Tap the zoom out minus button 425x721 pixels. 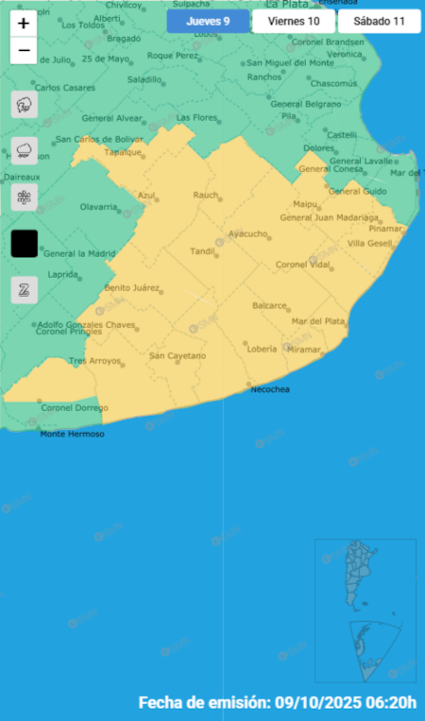24,50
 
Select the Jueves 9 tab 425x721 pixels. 208,21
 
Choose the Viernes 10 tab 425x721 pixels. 293,21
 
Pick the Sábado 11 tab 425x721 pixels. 379,21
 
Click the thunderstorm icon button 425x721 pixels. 25,105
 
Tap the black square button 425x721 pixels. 25,244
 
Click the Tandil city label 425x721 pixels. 202,251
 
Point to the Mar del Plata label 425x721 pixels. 318,321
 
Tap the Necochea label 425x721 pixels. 269,389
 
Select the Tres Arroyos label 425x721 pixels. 94,361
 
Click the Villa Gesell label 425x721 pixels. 369,243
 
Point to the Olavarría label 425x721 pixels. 98,206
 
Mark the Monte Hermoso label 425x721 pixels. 72,434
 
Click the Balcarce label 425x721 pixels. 269,305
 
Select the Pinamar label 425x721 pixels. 385,229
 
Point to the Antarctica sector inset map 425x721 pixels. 365,648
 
